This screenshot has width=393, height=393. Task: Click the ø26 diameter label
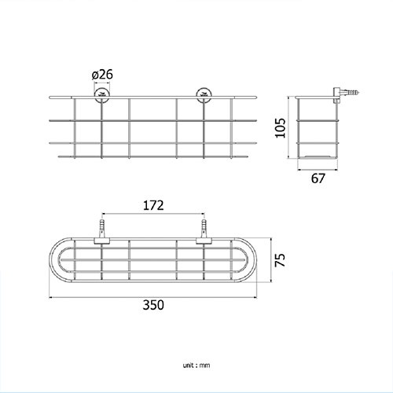point(102,75)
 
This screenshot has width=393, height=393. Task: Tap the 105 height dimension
point(280,128)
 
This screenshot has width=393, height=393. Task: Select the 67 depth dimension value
point(318,178)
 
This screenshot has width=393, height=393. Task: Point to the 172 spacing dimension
point(153,205)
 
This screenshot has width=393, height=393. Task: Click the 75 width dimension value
point(280,260)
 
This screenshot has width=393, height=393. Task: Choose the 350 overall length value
point(153,305)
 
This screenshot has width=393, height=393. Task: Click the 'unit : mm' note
point(196,365)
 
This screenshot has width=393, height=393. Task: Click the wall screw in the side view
point(350,92)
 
